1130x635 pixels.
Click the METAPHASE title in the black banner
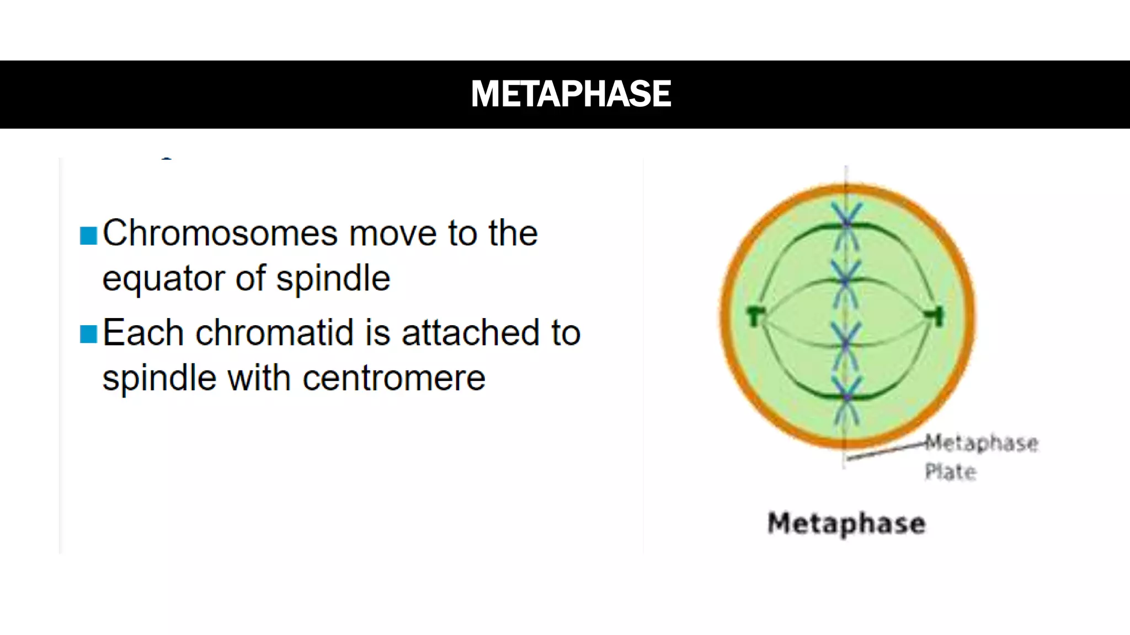571,94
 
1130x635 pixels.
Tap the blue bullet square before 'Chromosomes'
88,235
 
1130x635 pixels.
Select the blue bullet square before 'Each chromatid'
88,334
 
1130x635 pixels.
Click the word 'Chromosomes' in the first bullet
220,233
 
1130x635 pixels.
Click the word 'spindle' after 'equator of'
333,278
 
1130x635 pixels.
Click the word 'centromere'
393,378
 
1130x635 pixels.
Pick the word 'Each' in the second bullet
143,333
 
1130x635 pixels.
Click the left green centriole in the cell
754,316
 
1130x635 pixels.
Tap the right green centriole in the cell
936,315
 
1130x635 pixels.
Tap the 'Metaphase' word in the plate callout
982,443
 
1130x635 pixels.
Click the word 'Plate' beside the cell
950,472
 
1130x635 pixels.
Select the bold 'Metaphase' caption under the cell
846,524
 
